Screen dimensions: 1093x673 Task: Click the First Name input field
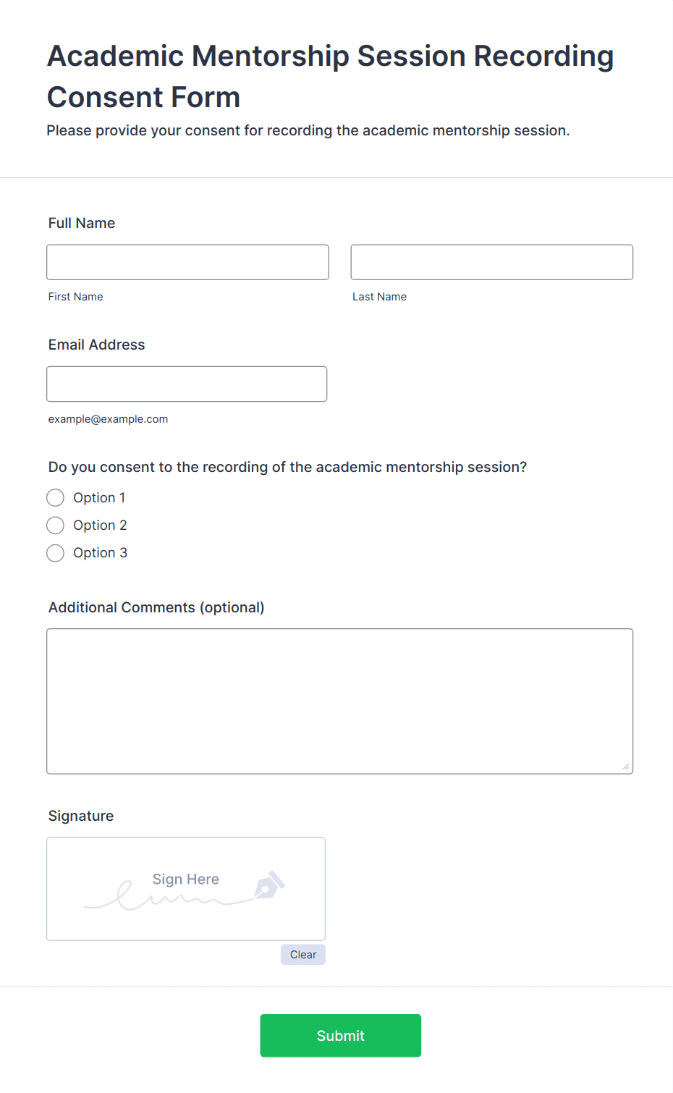coord(187,262)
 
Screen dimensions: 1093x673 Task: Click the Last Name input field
coord(491,262)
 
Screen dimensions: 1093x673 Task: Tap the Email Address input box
coord(187,384)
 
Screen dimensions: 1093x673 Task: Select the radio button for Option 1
coord(56,498)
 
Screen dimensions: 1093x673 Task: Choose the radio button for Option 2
coord(56,526)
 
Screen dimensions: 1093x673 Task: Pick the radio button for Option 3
coord(56,553)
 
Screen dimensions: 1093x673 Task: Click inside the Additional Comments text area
coord(339,701)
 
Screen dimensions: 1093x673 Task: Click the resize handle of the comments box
coord(626,767)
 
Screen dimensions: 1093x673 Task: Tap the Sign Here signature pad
coord(185,889)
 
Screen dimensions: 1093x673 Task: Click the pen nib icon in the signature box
coord(269,885)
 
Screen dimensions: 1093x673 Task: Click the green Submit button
coord(340,1035)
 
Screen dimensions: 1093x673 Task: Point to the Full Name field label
coord(82,223)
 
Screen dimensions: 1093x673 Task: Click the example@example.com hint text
coord(108,419)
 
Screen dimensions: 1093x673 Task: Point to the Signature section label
coord(81,816)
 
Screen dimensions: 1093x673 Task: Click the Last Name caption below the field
coord(379,297)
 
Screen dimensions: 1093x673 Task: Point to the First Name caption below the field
coord(75,297)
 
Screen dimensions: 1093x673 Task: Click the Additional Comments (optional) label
coord(156,607)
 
